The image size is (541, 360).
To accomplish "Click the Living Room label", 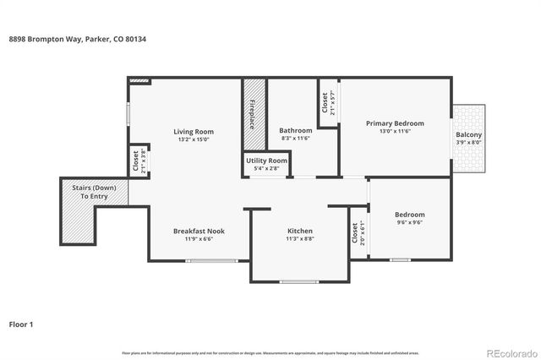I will click(x=194, y=131).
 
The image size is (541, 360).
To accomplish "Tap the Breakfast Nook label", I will click(x=199, y=231).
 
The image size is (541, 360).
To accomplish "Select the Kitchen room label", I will click(x=300, y=231).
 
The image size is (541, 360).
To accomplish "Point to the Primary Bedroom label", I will click(x=395, y=123).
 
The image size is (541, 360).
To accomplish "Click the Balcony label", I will click(x=469, y=134).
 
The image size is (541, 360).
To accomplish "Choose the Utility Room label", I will click(x=266, y=161).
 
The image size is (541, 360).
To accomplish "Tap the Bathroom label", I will click(x=296, y=130).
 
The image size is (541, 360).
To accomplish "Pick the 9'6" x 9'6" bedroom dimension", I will click(x=410, y=223).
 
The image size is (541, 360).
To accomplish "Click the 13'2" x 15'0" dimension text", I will click(x=194, y=139).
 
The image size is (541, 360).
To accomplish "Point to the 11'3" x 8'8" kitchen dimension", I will click(x=300, y=239).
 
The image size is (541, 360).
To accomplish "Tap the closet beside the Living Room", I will click(x=135, y=161).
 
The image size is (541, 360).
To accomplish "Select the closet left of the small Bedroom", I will click(x=354, y=233).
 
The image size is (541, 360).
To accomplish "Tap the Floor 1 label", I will click(x=22, y=324).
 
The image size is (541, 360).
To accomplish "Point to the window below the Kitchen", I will click(x=299, y=281).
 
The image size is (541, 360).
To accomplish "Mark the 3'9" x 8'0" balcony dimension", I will click(x=469, y=143).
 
